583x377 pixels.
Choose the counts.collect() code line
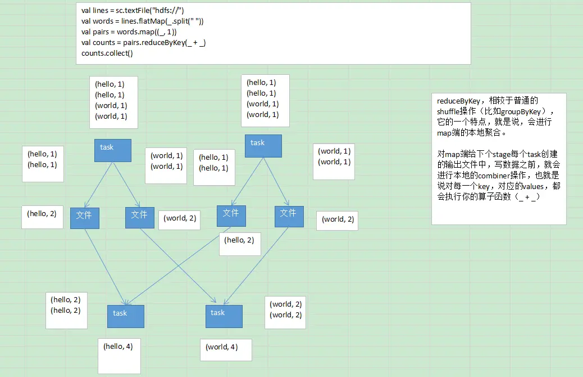pos(107,53)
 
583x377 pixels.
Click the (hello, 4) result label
pos(118,347)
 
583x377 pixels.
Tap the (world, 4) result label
pos(222,347)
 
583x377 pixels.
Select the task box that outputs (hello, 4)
pos(126,316)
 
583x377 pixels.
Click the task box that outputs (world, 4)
pos(224,316)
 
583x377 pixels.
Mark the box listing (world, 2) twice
pos(286,309)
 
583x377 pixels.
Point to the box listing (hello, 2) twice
pos(66,305)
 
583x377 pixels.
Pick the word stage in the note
pos(489,154)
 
